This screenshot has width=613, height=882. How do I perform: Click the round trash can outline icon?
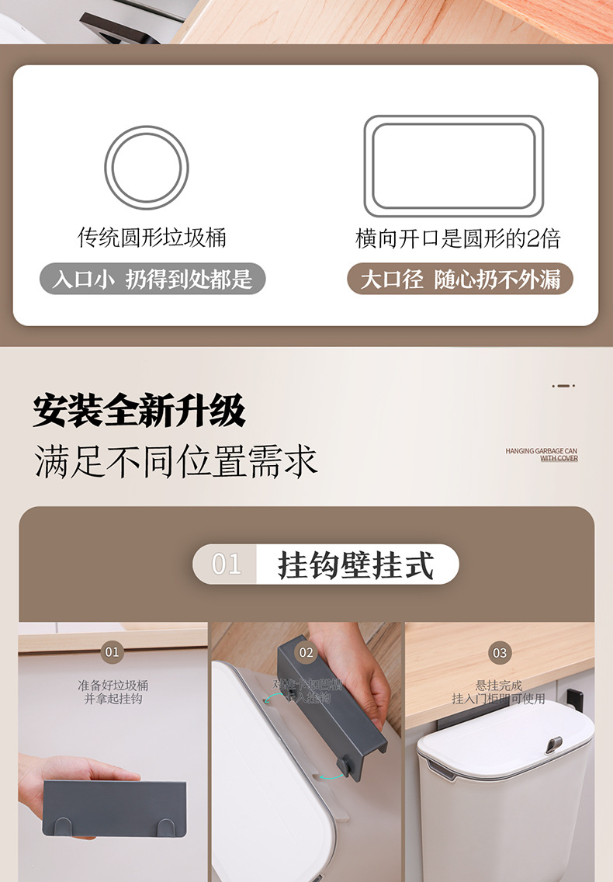[147, 167]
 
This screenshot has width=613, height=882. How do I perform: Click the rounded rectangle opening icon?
[454, 166]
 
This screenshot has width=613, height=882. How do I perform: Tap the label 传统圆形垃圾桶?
[152, 238]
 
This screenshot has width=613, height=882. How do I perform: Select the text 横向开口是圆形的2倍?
[458, 238]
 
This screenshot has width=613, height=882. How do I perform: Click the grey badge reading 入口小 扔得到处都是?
[153, 279]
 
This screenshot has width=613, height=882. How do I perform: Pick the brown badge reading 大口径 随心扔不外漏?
[460, 279]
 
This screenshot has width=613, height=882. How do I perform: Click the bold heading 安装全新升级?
[139, 411]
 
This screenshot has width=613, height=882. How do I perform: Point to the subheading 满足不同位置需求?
[175, 460]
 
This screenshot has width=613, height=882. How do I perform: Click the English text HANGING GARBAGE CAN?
[541, 451]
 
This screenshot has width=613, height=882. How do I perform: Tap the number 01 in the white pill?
[227, 564]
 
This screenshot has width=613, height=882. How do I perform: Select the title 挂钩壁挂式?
[356, 564]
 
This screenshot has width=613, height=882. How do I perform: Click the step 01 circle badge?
[113, 651]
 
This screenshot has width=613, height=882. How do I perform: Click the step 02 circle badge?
[306, 652]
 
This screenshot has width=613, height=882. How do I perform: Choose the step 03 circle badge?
[500, 652]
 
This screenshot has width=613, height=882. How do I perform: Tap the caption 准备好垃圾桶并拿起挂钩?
[113, 692]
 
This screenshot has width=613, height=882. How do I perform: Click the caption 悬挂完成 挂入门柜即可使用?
[499, 692]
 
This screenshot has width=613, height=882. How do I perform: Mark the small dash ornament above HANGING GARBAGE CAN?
[563, 385]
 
